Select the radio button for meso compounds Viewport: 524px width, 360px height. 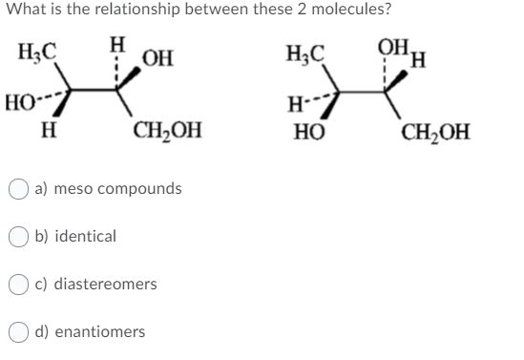[x=20, y=189]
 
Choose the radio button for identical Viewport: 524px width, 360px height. [x=20, y=237]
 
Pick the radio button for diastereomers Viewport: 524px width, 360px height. [x=20, y=285]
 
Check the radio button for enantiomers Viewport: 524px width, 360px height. [x=20, y=332]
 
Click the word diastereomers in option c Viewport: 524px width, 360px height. [x=106, y=285]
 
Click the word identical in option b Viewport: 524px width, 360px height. [x=86, y=237]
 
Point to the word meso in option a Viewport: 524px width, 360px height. [x=73, y=189]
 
